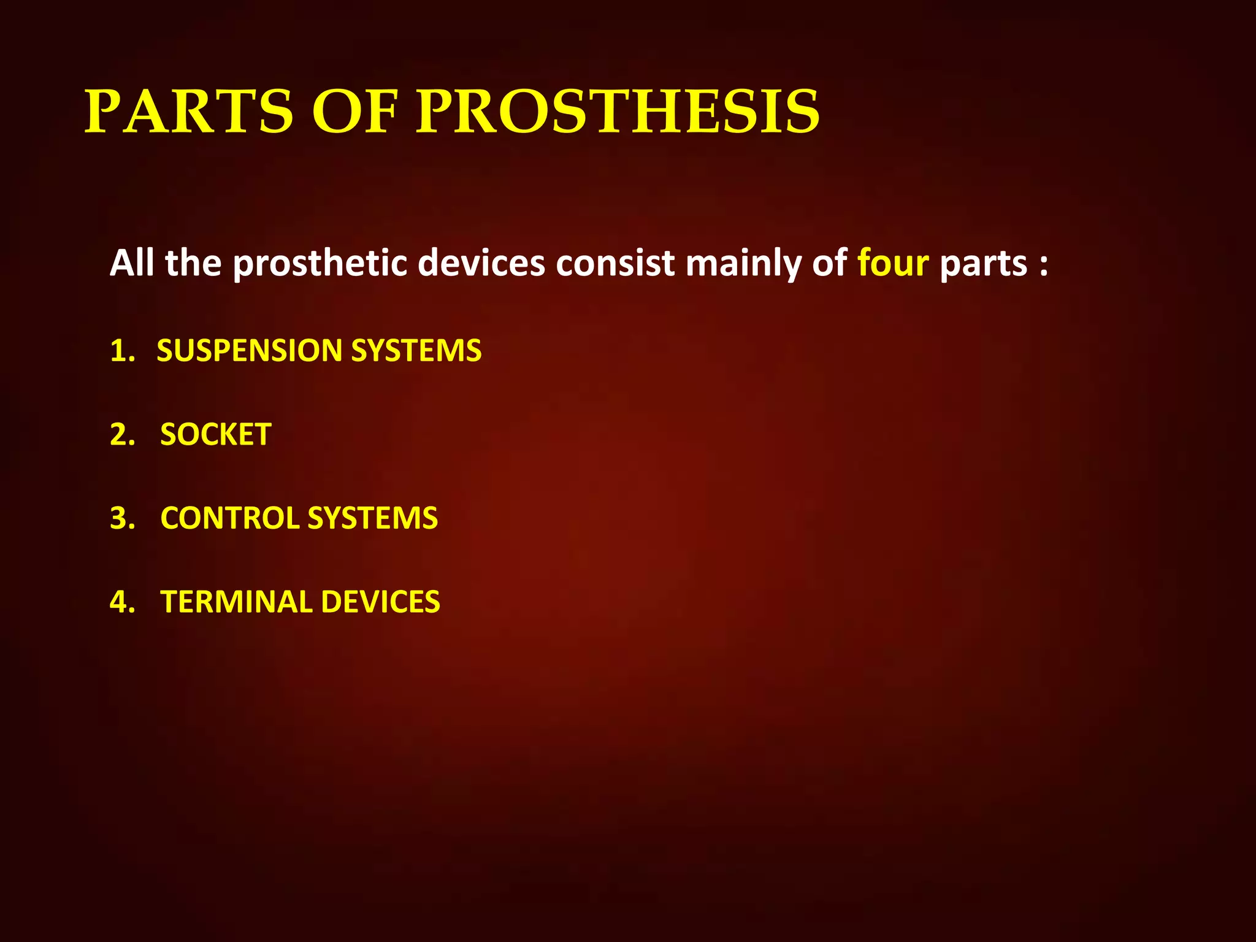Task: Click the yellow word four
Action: coord(893,263)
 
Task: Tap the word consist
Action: coord(615,263)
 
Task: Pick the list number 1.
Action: coord(121,351)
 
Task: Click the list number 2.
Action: coord(121,435)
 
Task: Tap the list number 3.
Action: coord(121,518)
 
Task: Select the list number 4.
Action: coord(121,602)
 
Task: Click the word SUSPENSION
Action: coord(249,351)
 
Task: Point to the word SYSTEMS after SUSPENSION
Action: coord(416,351)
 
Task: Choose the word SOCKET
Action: coord(216,435)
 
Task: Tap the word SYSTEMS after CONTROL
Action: coord(373,518)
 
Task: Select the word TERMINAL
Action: coord(236,602)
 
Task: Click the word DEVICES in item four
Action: coord(380,602)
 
